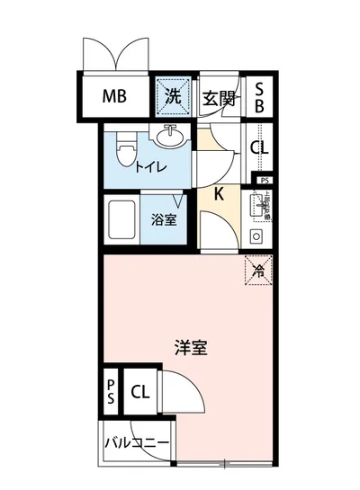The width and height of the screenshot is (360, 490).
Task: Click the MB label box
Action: (112, 97)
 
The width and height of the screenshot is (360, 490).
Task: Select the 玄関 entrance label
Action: (219, 98)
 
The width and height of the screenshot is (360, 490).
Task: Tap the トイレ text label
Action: (149, 166)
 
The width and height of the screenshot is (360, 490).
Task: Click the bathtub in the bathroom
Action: (120, 221)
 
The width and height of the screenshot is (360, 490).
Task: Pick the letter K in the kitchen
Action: (219, 192)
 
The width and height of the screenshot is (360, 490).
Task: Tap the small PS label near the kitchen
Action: (263, 181)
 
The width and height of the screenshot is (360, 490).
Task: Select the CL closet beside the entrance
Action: (258, 147)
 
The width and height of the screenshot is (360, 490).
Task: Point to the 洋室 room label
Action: (191, 348)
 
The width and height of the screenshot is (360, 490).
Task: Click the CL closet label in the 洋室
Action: (140, 391)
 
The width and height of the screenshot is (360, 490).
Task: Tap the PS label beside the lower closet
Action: (110, 392)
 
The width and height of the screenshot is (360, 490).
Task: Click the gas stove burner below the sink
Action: (256, 237)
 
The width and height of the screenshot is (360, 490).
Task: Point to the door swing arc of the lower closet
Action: (180, 396)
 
